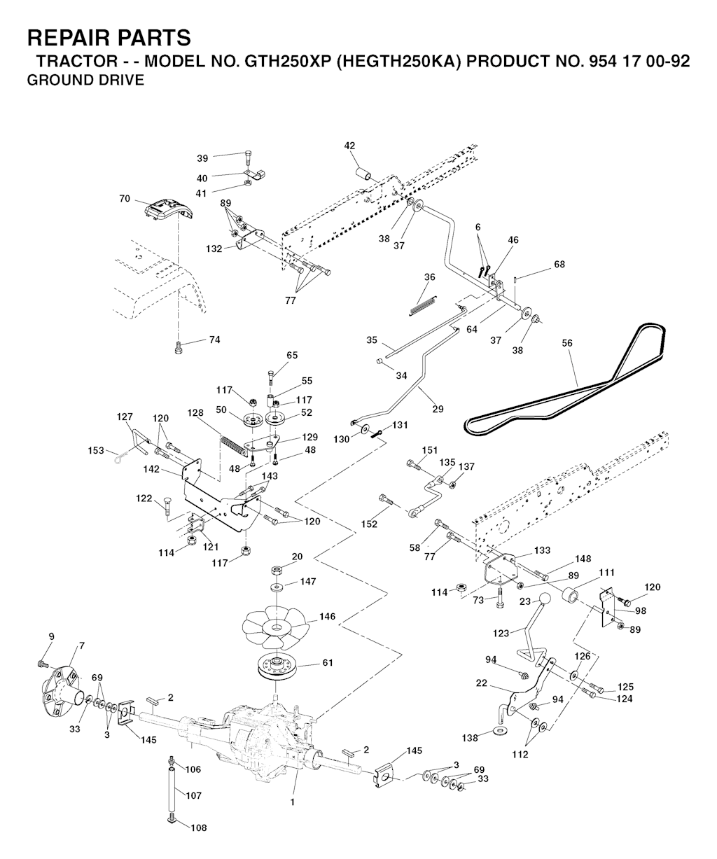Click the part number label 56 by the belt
point(566,343)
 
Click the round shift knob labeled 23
point(545,599)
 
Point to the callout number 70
point(125,199)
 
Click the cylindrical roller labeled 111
point(569,594)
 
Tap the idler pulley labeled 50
point(253,419)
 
